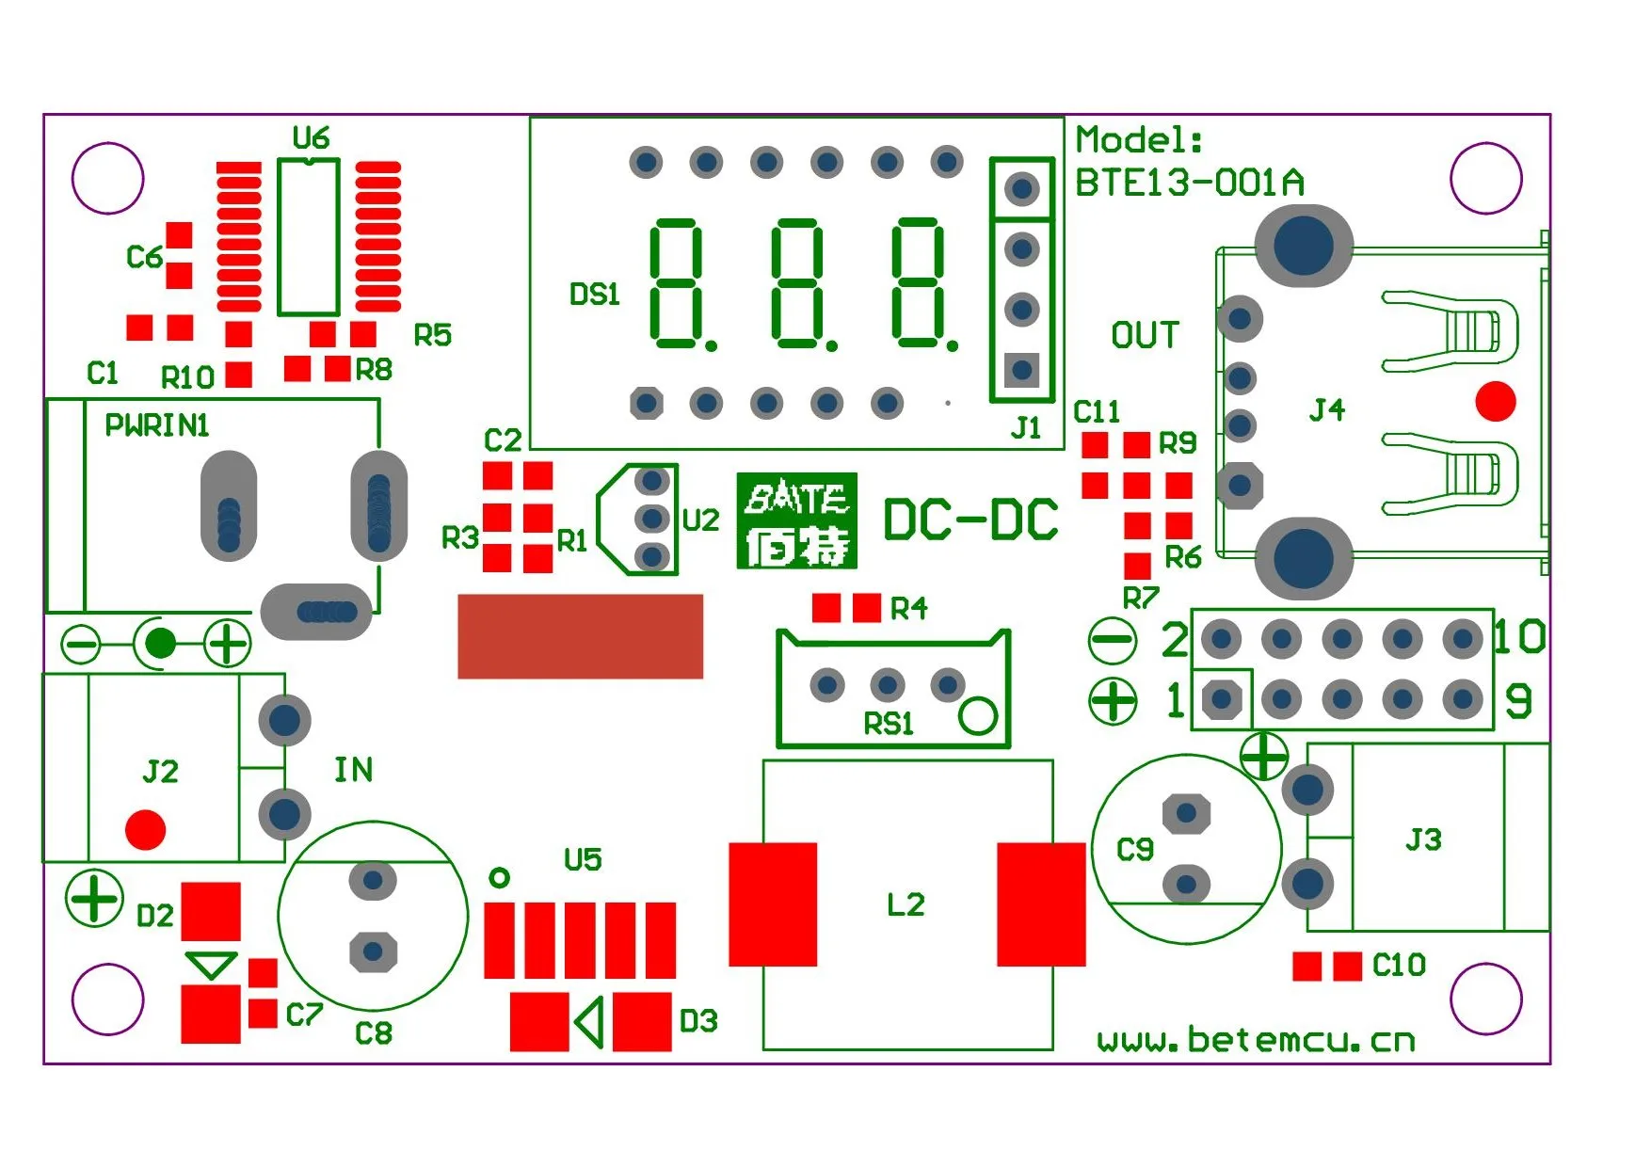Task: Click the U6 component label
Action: (x=311, y=138)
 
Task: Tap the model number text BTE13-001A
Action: (x=1189, y=183)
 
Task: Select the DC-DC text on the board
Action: (x=970, y=520)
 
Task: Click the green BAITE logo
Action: (x=796, y=520)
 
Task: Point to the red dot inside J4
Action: (x=1495, y=402)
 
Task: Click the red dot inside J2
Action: (x=145, y=829)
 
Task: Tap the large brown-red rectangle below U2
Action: (x=580, y=636)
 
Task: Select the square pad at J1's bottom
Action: (x=1021, y=369)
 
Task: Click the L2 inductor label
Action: (x=906, y=904)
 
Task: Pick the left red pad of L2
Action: (x=773, y=904)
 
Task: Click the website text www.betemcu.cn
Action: (x=1256, y=1040)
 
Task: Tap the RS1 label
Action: (x=889, y=724)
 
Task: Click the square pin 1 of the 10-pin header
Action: (x=1221, y=699)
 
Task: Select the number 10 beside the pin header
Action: (x=1519, y=637)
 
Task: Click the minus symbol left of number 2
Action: (x=1113, y=641)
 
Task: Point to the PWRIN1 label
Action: (x=156, y=425)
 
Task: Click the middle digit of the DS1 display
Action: (x=796, y=283)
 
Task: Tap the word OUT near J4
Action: (x=1145, y=335)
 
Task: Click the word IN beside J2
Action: (x=354, y=770)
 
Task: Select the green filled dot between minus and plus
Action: (x=161, y=644)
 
